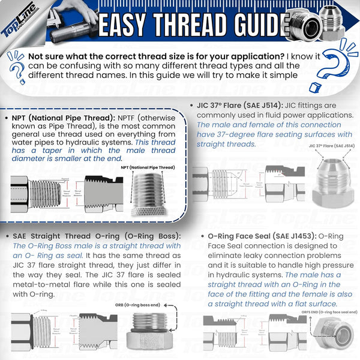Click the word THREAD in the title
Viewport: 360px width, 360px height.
click(190, 25)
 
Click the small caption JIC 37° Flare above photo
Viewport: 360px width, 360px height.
click(332, 146)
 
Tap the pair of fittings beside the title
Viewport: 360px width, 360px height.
click(318, 23)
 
